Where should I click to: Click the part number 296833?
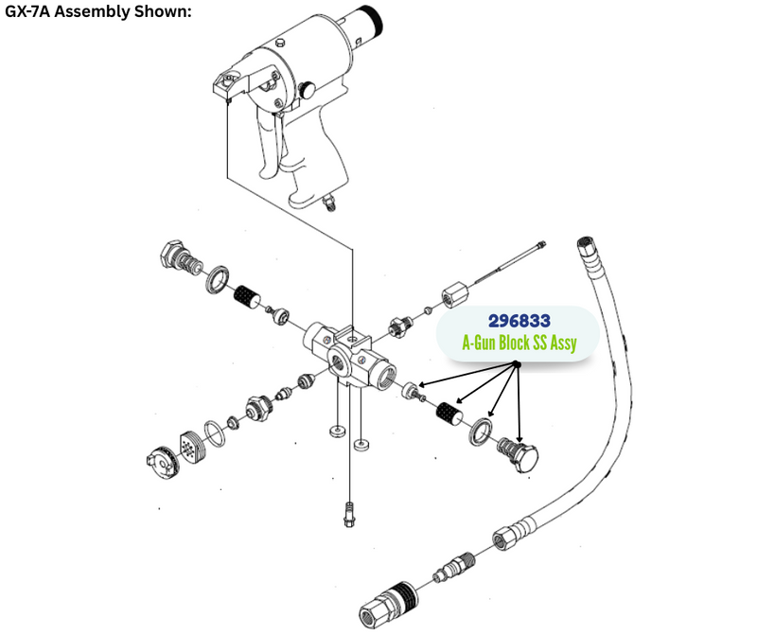coord(519,321)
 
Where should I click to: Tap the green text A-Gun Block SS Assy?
coord(519,343)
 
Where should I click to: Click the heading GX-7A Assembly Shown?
coord(98,10)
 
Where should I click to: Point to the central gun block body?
coord(349,357)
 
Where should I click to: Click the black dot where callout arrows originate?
coord(516,364)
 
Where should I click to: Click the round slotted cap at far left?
coord(162,463)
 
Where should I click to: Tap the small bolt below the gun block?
coord(348,514)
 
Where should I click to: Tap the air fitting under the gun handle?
coord(329,202)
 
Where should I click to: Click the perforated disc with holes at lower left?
coord(192,448)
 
